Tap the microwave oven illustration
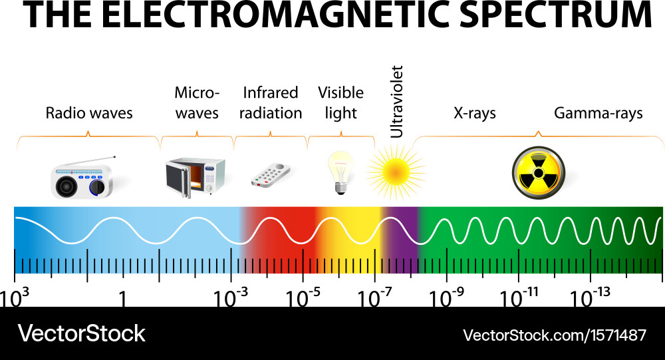(x=196, y=178)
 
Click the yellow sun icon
(x=395, y=172)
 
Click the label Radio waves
(x=89, y=113)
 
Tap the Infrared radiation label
(x=271, y=103)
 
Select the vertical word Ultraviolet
(x=396, y=101)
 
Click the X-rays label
(x=475, y=113)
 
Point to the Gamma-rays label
(x=598, y=113)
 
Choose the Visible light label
(x=340, y=103)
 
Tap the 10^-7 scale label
(x=376, y=299)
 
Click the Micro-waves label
(x=197, y=103)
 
